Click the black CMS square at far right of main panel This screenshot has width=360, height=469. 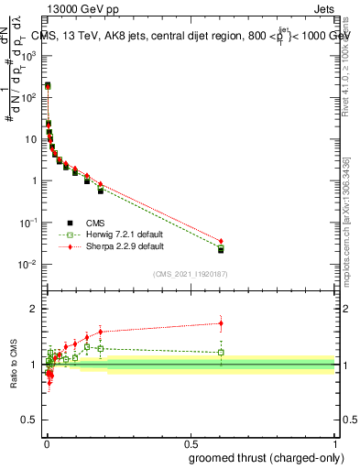(221, 250)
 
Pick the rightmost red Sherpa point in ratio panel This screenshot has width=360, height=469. (221, 322)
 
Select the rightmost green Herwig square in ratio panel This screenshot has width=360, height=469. (221, 352)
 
